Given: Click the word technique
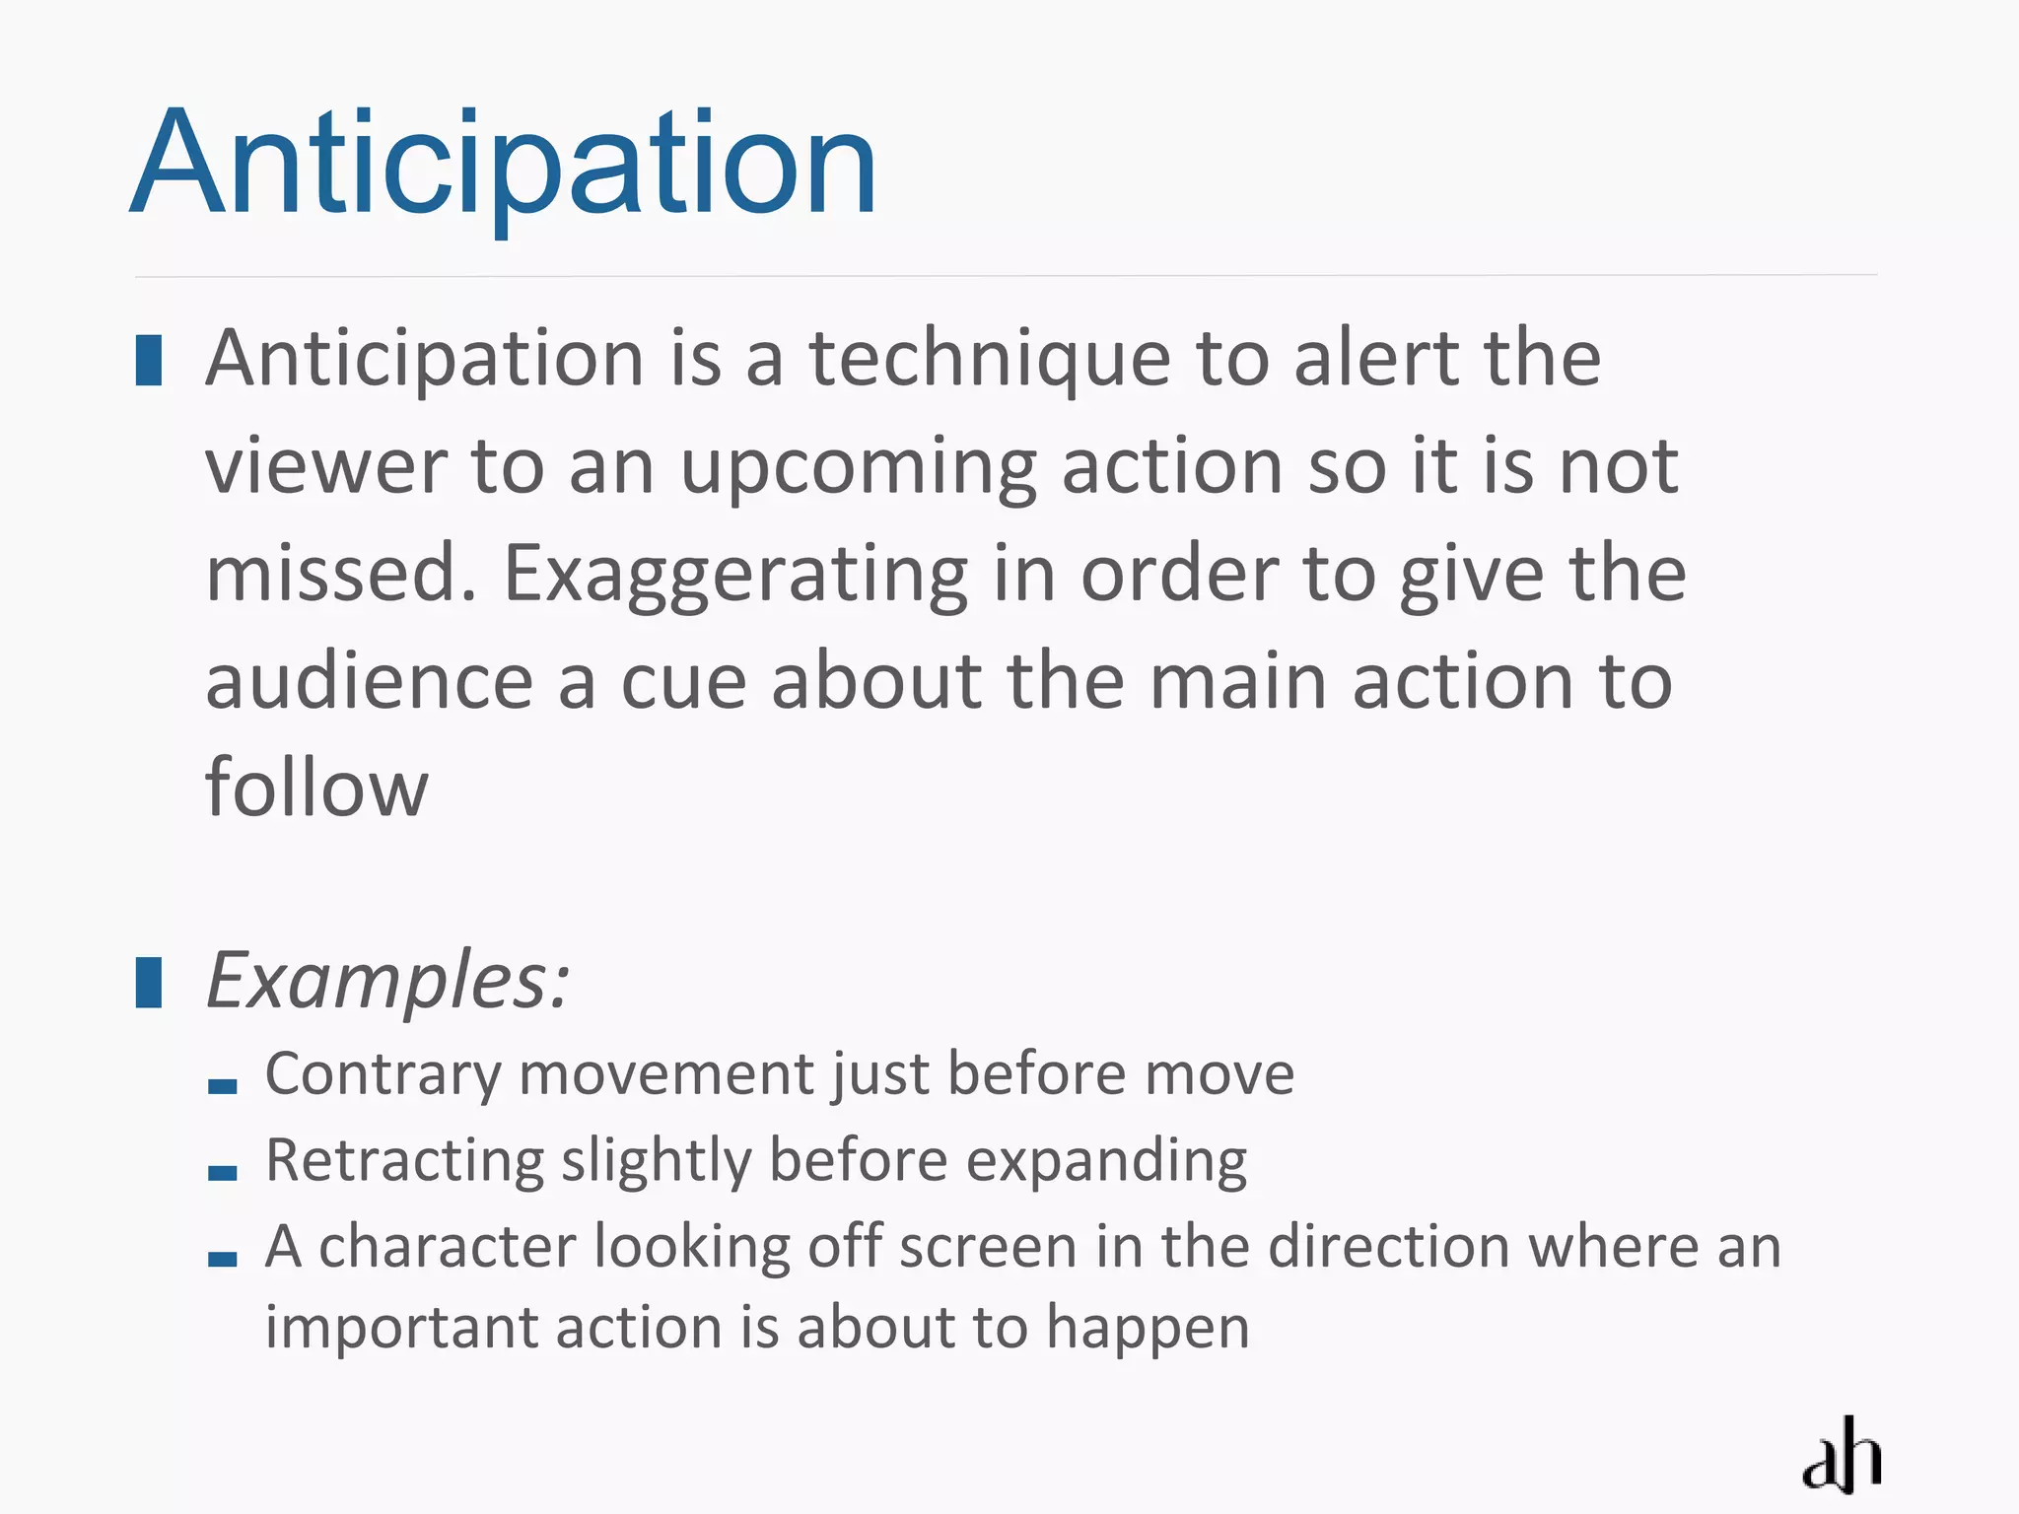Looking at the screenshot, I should click(x=990, y=360).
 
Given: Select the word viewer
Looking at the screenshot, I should click(x=326, y=466).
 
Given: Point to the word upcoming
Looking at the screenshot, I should click(x=858, y=468).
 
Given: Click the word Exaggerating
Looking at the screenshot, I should click(x=735, y=576).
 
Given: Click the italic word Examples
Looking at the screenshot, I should click(x=386, y=982).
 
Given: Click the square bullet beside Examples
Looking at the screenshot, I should click(x=149, y=982).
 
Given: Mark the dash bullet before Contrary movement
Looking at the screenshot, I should click(x=223, y=1086).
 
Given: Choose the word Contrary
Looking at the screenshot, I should click(x=383, y=1074).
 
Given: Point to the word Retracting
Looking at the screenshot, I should click(x=404, y=1161).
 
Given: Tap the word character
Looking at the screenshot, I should click(x=447, y=1247).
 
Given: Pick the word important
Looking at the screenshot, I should click(x=401, y=1329).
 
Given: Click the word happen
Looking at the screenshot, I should click(x=1148, y=1329).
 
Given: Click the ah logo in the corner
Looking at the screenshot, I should click(x=1842, y=1456).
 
